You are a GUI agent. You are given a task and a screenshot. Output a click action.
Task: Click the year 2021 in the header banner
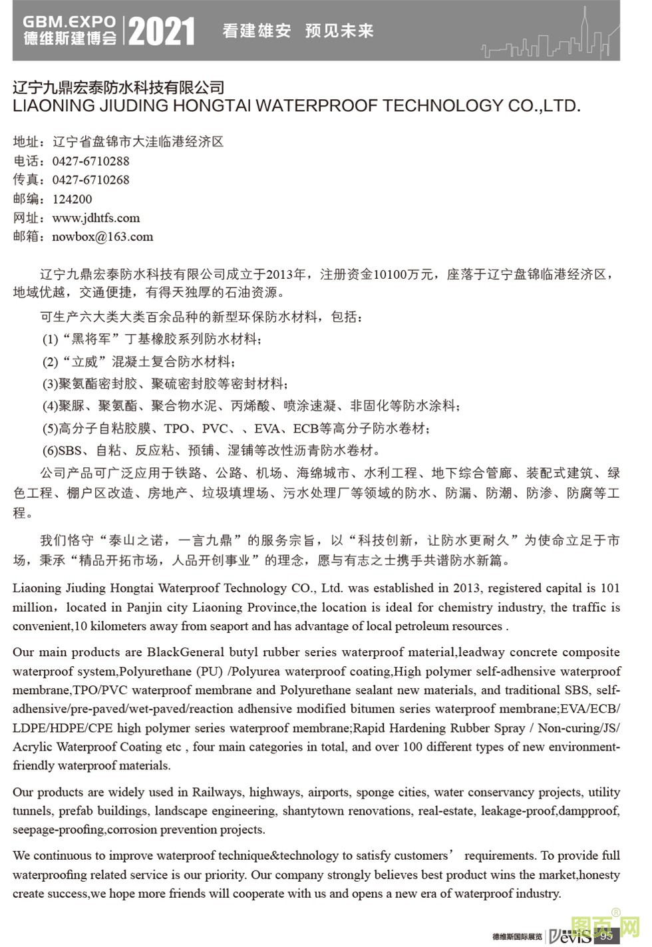click(162, 31)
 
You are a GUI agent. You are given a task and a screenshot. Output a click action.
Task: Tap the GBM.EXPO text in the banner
click(69, 21)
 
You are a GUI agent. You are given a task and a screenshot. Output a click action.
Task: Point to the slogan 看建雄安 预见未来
click(297, 31)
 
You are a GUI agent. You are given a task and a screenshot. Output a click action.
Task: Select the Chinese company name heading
click(119, 87)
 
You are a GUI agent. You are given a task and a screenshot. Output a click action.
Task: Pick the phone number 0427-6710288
click(90, 161)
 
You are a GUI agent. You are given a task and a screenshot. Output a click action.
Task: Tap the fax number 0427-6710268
click(90, 180)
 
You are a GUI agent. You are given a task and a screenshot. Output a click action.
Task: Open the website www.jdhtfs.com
click(96, 218)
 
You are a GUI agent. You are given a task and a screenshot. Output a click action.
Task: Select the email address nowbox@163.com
click(102, 236)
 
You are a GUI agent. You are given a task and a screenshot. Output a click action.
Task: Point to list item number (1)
click(51, 339)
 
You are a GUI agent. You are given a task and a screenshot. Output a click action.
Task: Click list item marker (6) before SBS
click(51, 451)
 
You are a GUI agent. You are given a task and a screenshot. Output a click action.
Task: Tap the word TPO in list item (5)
click(176, 429)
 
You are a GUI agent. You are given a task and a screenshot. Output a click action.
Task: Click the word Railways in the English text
click(218, 792)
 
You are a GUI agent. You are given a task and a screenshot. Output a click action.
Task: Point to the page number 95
click(605, 936)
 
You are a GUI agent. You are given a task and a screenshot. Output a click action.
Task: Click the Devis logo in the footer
click(569, 936)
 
